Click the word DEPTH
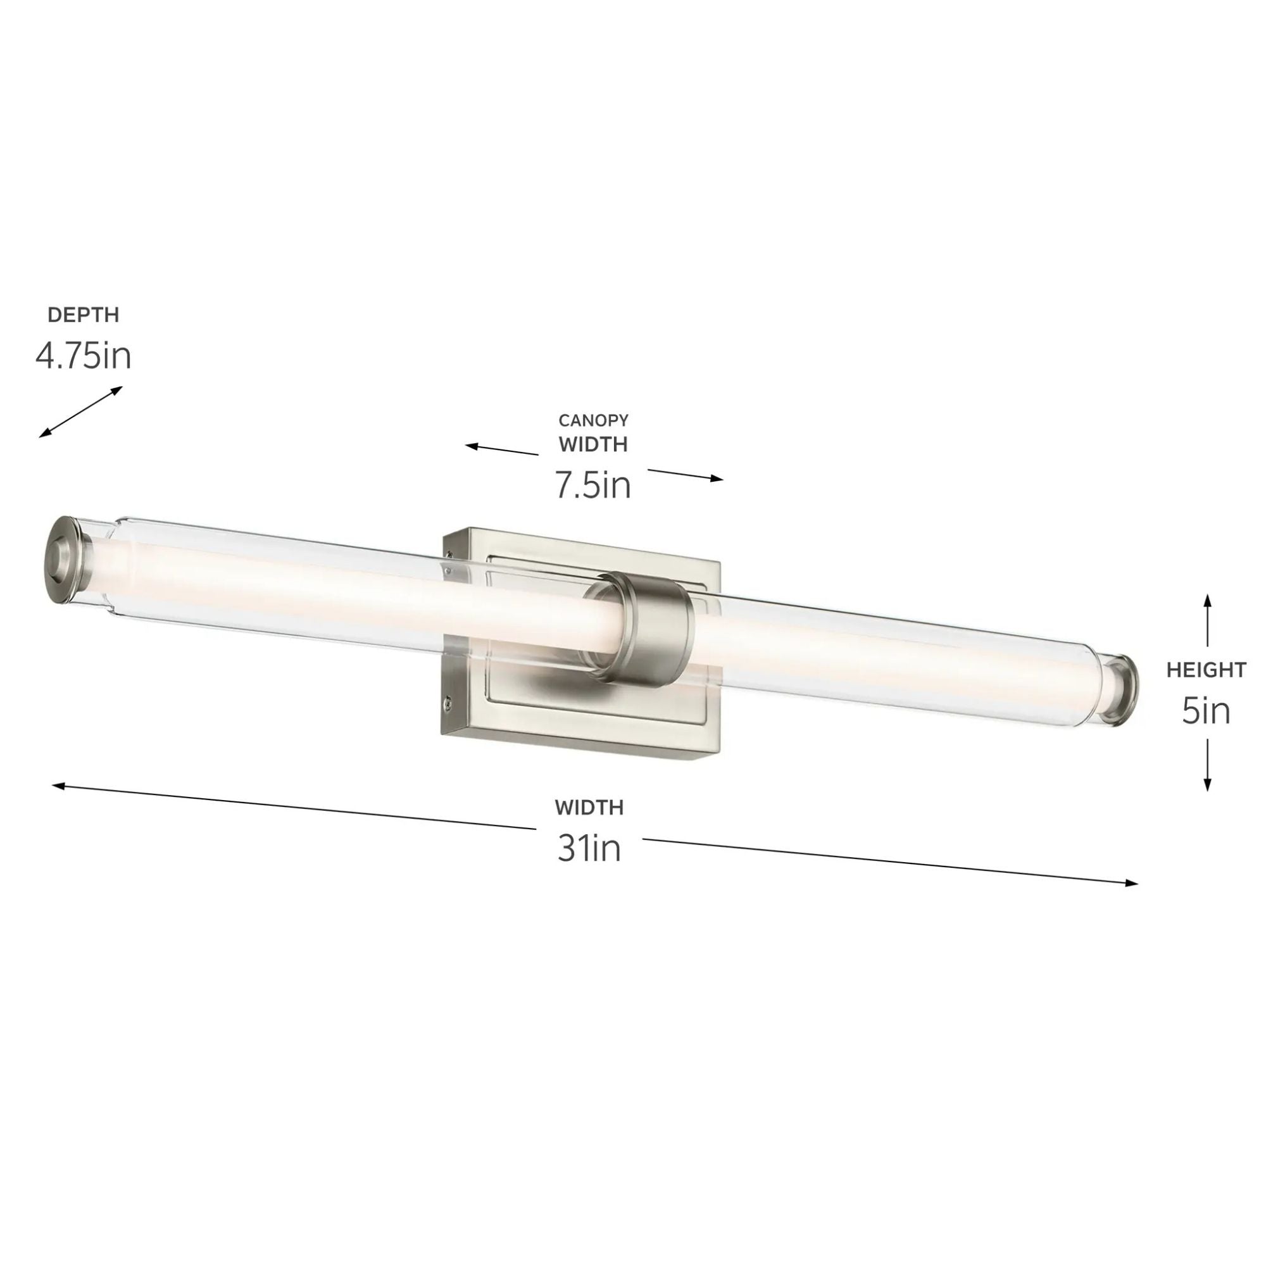click(x=83, y=315)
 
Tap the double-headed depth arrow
click(x=80, y=411)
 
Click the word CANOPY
click(x=593, y=420)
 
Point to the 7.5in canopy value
click(x=593, y=486)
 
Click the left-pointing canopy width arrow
click(x=502, y=449)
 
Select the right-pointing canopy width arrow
click(x=686, y=474)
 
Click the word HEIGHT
click(x=1206, y=670)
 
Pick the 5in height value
click(x=1206, y=711)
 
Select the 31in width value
click(x=589, y=849)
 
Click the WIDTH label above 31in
click(x=589, y=807)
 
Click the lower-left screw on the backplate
click(x=447, y=703)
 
